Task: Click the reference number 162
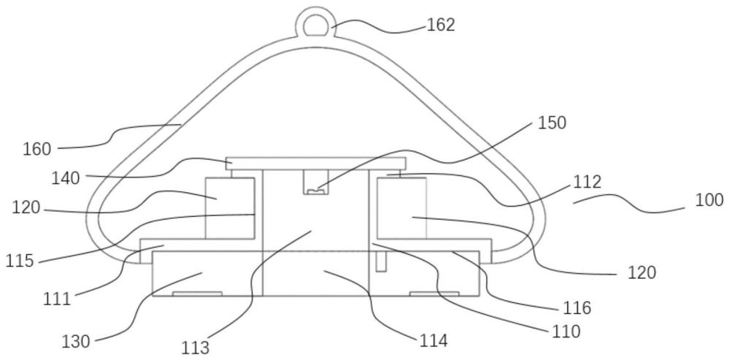click(440, 25)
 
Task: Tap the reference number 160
click(36, 150)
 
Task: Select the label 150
click(552, 123)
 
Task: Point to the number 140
click(66, 178)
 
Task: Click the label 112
click(587, 183)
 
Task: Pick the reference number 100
click(709, 200)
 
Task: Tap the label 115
click(20, 261)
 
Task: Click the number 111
click(57, 299)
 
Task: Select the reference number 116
click(577, 308)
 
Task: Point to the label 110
click(566, 332)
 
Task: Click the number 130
click(76, 342)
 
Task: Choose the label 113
click(196, 348)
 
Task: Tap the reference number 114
click(434, 341)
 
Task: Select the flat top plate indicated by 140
click(315, 164)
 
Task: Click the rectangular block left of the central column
click(230, 208)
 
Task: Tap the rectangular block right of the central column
click(401, 208)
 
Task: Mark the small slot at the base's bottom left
click(197, 294)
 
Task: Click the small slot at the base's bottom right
click(434, 294)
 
